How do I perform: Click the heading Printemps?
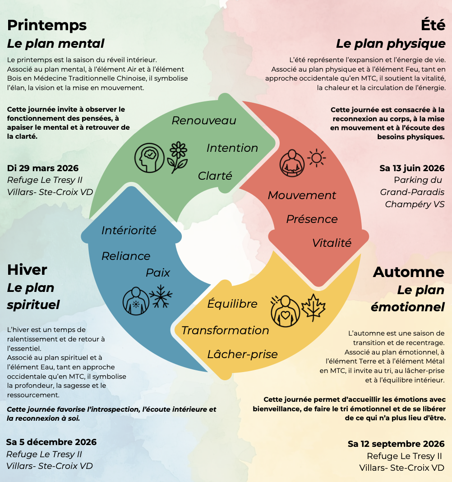tap(47, 25)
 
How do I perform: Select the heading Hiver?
tap(27, 270)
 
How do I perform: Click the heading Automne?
tap(409, 272)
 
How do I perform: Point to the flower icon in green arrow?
tap(178, 157)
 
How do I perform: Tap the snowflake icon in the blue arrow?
tap(161, 296)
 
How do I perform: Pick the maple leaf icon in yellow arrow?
tap(313, 307)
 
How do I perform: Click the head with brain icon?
tap(149, 158)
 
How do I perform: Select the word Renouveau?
tap(204, 121)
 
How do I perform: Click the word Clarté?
tap(215, 176)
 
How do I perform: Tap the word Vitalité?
tap(332, 243)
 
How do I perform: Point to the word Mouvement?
tap(302, 196)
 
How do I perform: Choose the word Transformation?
tap(225, 331)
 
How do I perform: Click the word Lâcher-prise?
tap(242, 355)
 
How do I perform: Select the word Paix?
tap(158, 273)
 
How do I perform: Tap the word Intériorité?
tap(129, 231)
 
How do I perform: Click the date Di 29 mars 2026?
tap(43, 168)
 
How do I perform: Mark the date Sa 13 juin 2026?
tap(412, 168)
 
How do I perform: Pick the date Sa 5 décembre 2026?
tap(51, 442)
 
